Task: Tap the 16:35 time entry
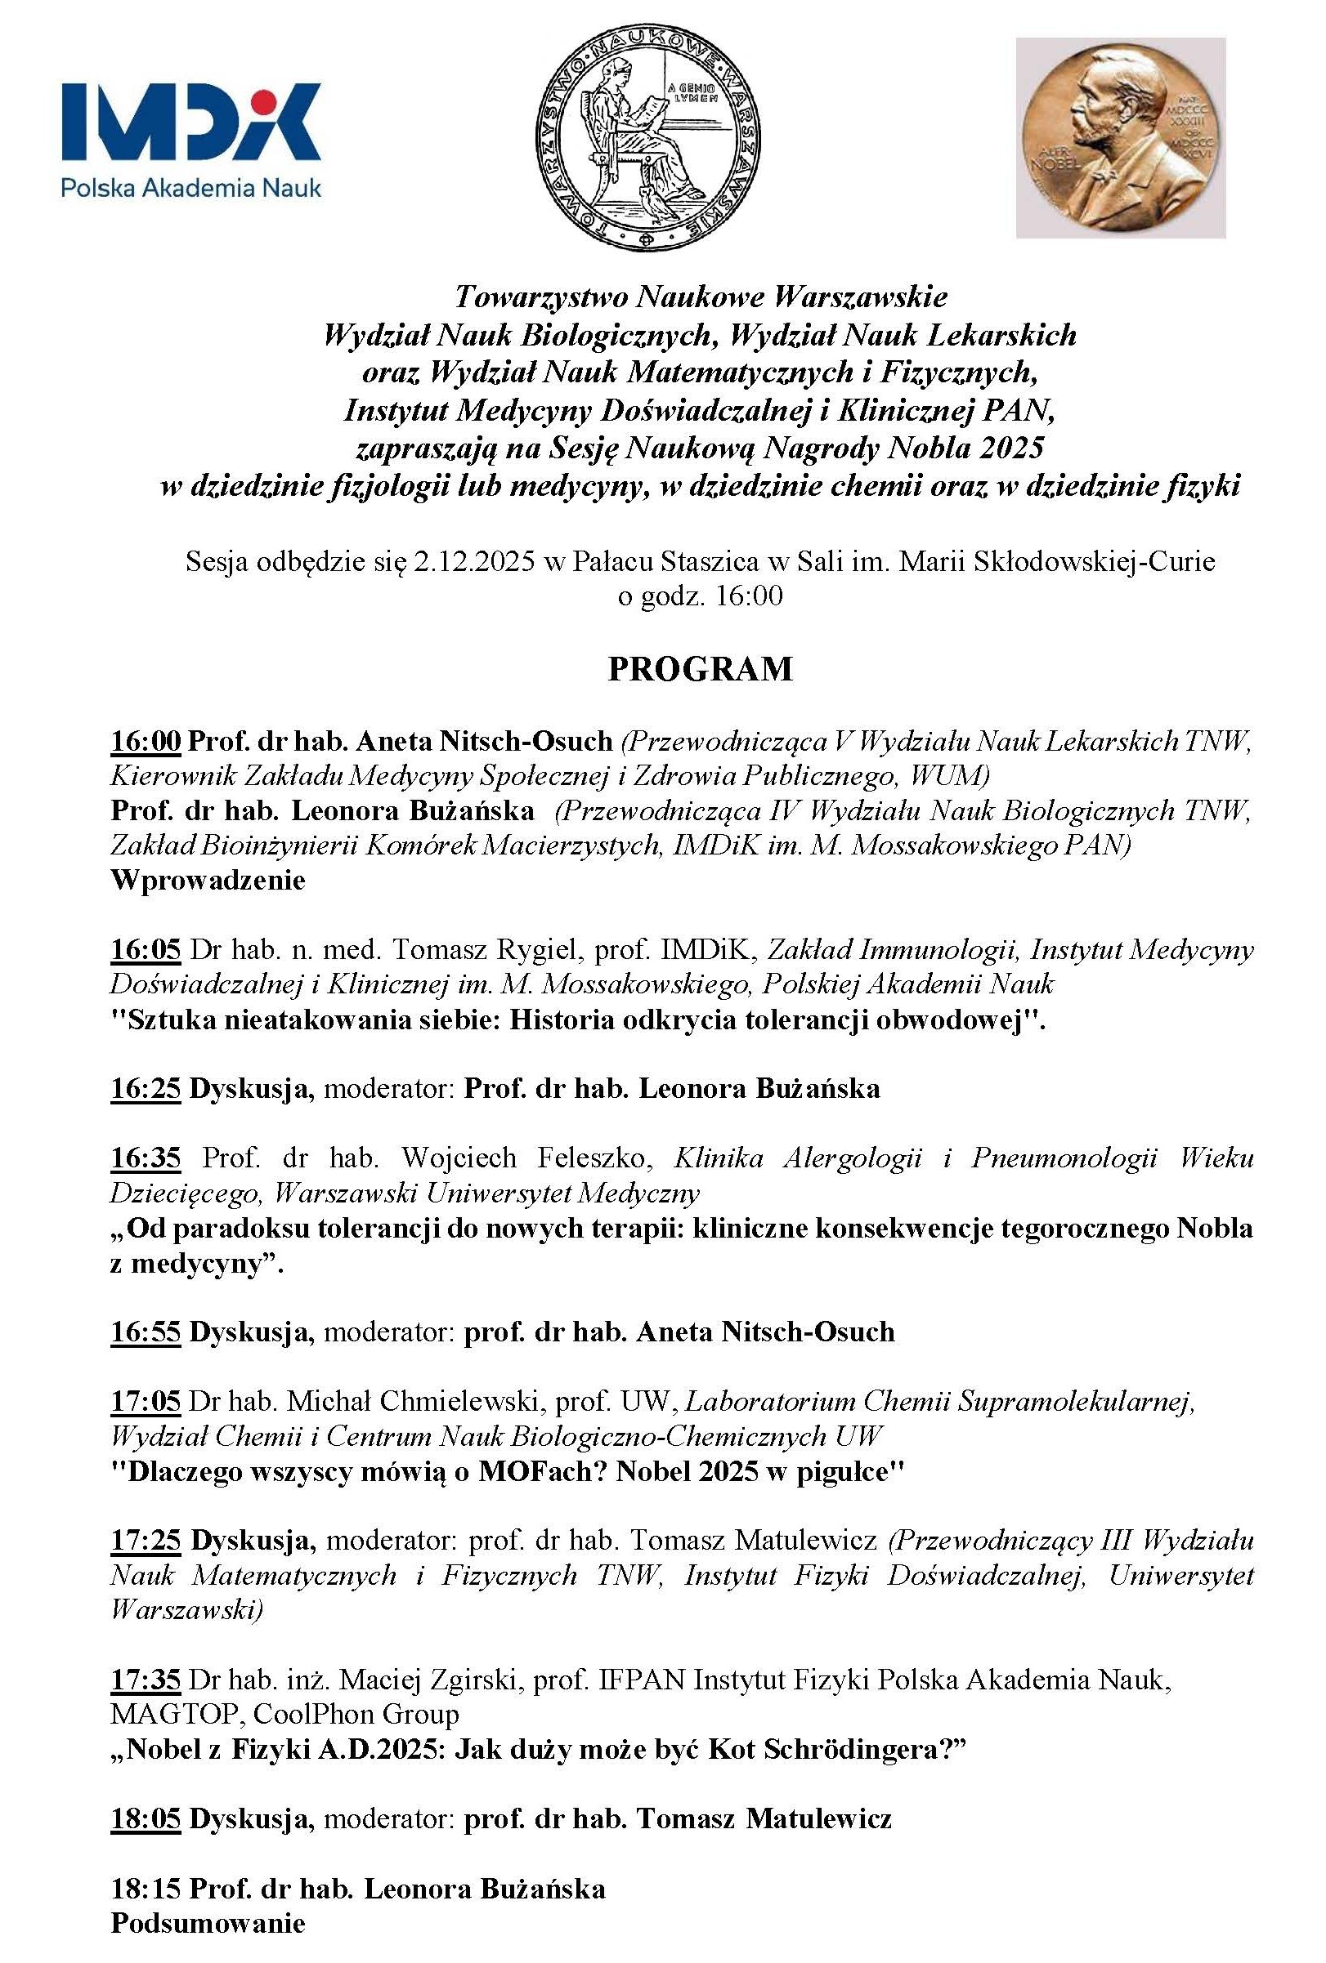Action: click(x=146, y=1158)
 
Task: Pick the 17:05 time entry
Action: click(x=146, y=1401)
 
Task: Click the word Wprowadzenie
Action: click(x=208, y=880)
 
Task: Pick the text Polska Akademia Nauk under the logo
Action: click(x=191, y=187)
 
